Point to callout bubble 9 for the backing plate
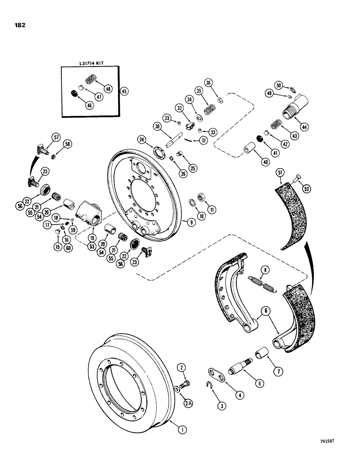pos(189,222)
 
